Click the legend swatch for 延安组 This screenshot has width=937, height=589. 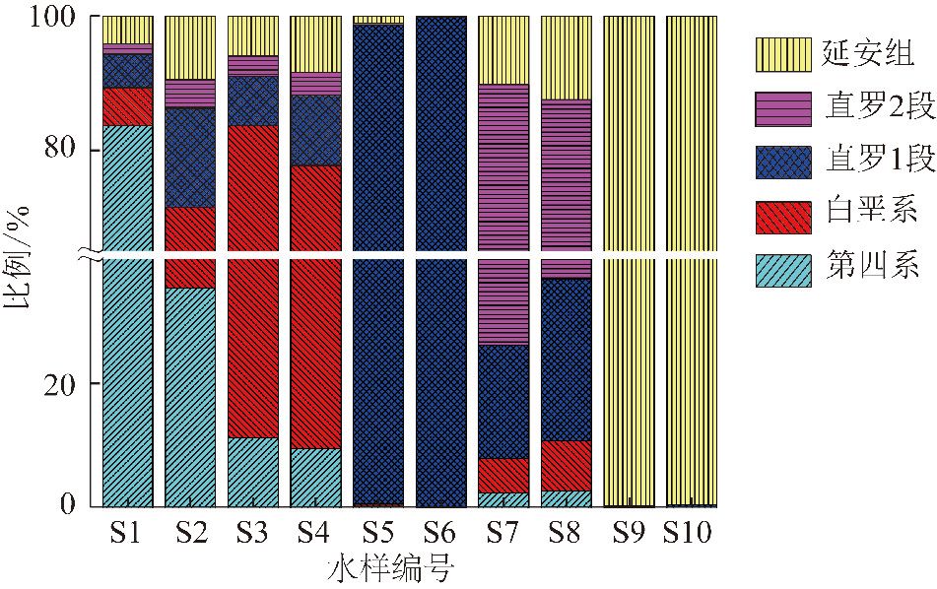(x=783, y=55)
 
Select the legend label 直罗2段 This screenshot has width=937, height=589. (x=867, y=108)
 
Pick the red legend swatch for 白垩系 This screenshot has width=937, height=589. (x=783, y=214)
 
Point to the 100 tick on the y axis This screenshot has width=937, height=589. (x=60, y=18)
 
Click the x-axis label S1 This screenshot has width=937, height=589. (x=127, y=535)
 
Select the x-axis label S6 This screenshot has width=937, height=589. (x=441, y=535)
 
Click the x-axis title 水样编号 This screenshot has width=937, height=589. (x=388, y=569)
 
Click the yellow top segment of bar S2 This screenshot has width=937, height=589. (x=190, y=47)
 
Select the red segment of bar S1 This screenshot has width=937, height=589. (x=127, y=106)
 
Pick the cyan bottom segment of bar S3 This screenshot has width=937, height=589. (x=253, y=472)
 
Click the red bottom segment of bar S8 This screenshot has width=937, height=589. (x=567, y=465)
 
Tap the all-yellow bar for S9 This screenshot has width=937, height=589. (x=630, y=261)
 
